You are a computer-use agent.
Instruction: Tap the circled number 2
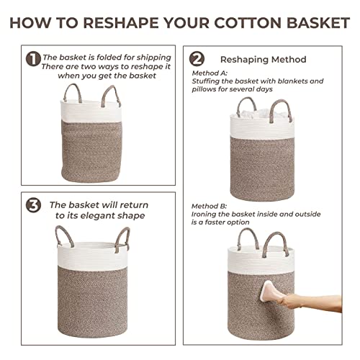coord(197,59)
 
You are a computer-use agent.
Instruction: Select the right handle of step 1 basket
coord(113,94)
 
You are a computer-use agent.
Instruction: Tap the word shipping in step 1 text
coord(153,57)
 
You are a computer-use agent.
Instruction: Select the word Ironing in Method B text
coord(207,214)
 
